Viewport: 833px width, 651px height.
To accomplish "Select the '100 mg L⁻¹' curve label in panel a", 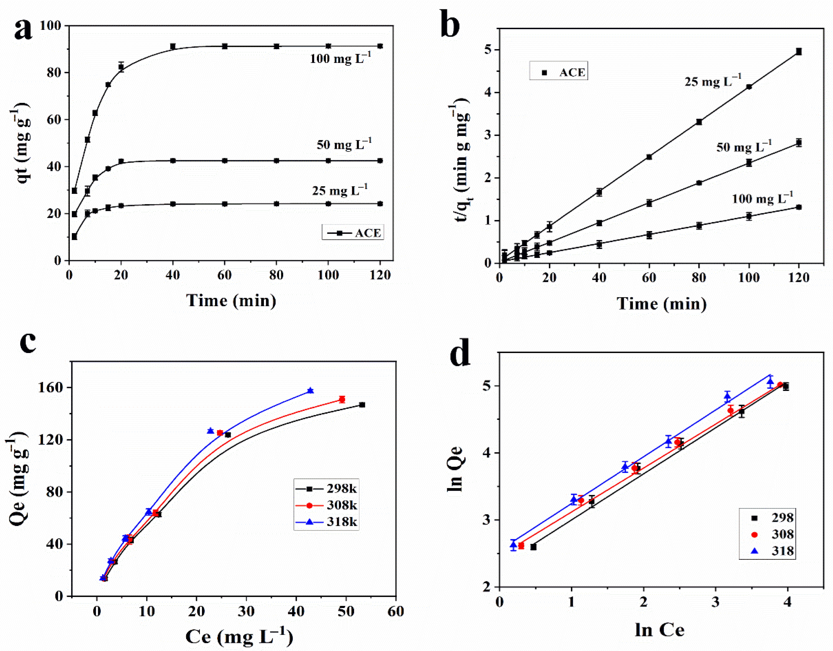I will [x=340, y=58].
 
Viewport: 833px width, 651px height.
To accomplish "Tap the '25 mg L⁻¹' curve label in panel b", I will [x=712, y=81].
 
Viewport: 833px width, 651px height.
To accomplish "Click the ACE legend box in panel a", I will [x=352, y=232].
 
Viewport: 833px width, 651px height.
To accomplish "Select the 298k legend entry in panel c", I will [x=326, y=488].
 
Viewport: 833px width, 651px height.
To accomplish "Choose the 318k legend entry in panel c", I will [x=326, y=521].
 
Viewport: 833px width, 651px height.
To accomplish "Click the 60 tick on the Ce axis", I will [x=396, y=611].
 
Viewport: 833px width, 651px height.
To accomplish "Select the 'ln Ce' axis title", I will [x=659, y=630].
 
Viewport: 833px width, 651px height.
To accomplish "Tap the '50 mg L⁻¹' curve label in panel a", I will [x=344, y=145].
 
